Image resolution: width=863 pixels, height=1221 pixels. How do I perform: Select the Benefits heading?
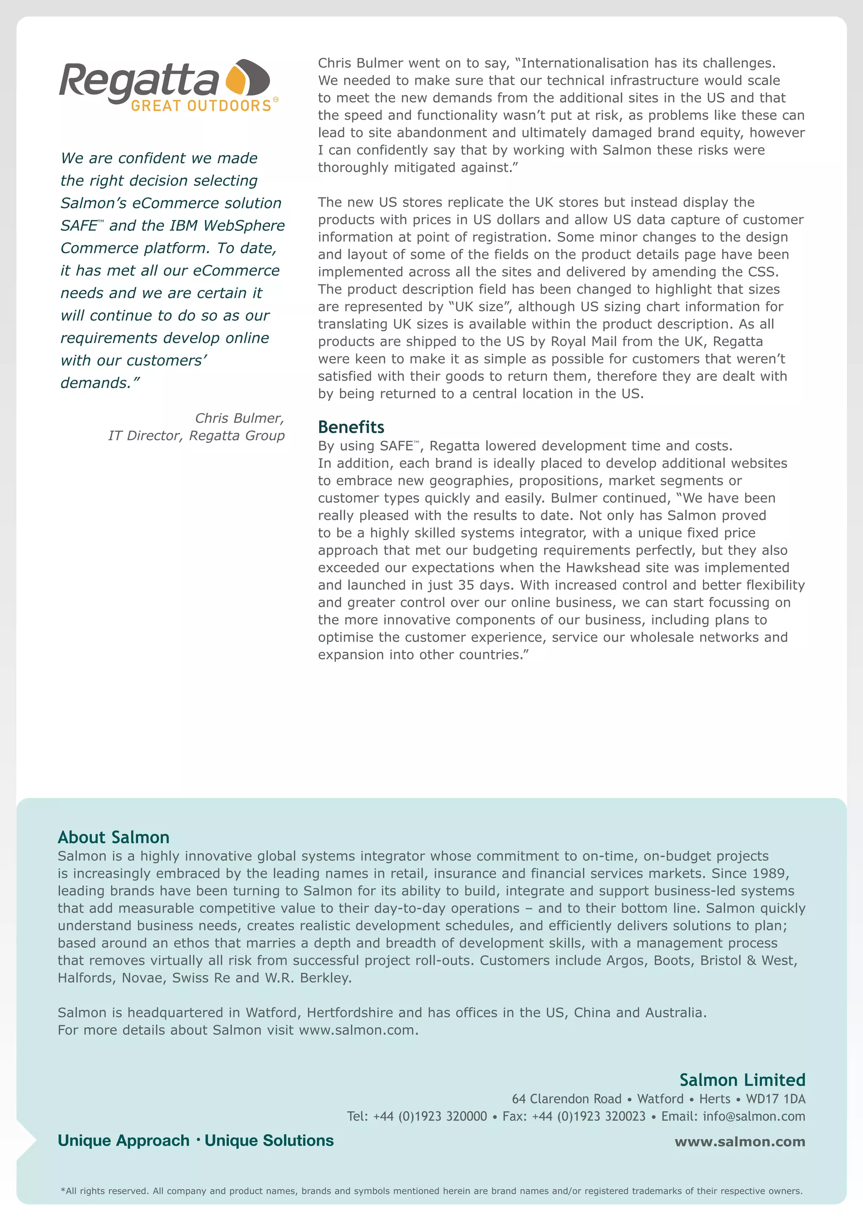pyautogui.click(x=351, y=427)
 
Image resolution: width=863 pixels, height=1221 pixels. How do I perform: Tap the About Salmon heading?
pyautogui.click(x=113, y=837)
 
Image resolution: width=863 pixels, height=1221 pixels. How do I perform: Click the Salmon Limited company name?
pyautogui.click(x=742, y=1079)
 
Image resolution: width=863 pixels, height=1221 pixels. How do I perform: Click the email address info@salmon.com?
pyautogui.click(x=753, y=1116)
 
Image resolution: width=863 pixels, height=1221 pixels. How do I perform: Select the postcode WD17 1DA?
pyautogui.click(x=775, y=1099)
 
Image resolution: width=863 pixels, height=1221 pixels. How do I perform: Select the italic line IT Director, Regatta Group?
pyautogui.click(x=196, y=436)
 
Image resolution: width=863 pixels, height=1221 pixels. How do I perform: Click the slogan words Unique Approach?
pyautogui.click(x=123, y=1140)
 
